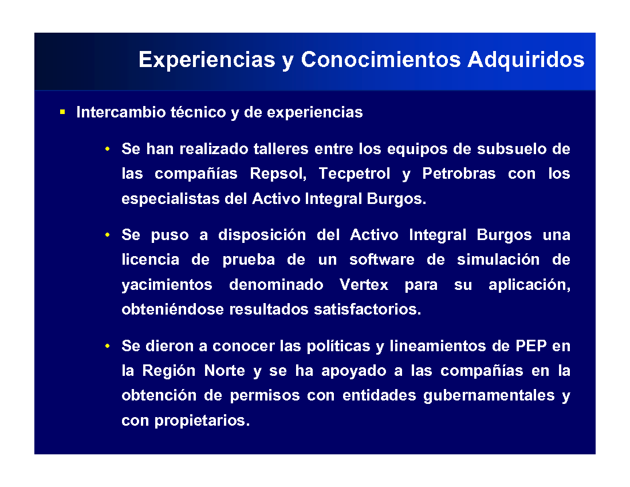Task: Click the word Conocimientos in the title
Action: coord(381,60)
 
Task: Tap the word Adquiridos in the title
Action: coord(526,60)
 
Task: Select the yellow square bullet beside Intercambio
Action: coord(62,112)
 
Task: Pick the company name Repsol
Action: coord(278,174)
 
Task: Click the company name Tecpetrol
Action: coord(354,174)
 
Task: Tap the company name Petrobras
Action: coord(459,174)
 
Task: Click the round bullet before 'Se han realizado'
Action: coord(107,149)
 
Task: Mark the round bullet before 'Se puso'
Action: coord(107,235)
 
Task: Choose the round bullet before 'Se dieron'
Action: coord(107,346)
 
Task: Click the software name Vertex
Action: coord(364,285)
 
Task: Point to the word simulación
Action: coord(498,260)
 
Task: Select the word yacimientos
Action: coord(167,285)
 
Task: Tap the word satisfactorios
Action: coord(367,309)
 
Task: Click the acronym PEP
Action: coord(531,346)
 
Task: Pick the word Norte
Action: coord(225,371)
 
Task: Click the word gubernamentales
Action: coord(489,396)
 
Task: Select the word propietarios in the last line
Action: coord(202,421)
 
